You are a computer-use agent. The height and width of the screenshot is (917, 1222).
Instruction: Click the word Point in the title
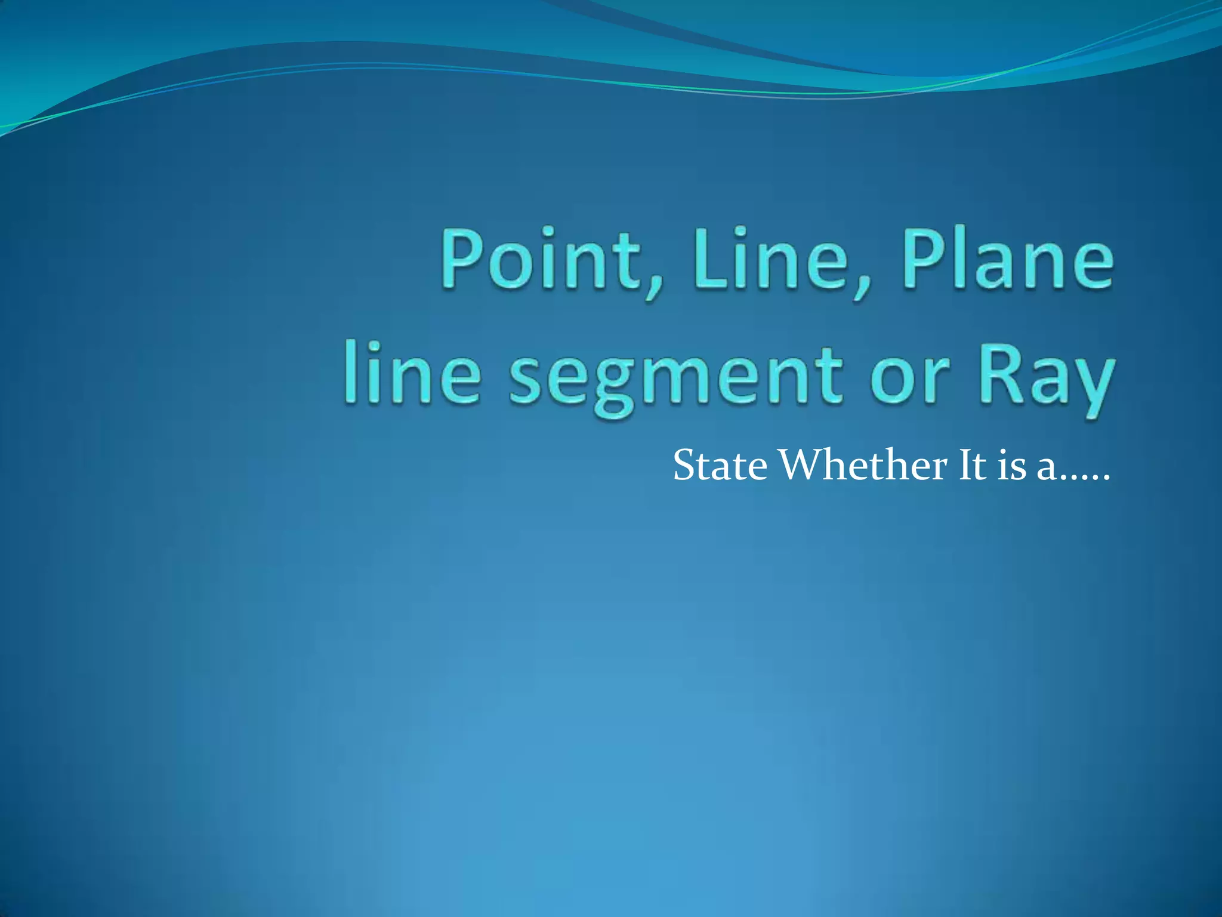click(x=541, y=260)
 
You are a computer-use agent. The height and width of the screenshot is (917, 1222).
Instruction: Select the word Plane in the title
click(x=1008, y=260)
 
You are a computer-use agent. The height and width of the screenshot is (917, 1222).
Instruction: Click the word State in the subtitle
click(x=720, y=466)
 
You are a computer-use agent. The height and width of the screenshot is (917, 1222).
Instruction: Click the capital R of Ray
click(x=997, y=374)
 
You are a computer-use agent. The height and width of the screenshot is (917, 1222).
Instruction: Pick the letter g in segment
click(x=615, y=388)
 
